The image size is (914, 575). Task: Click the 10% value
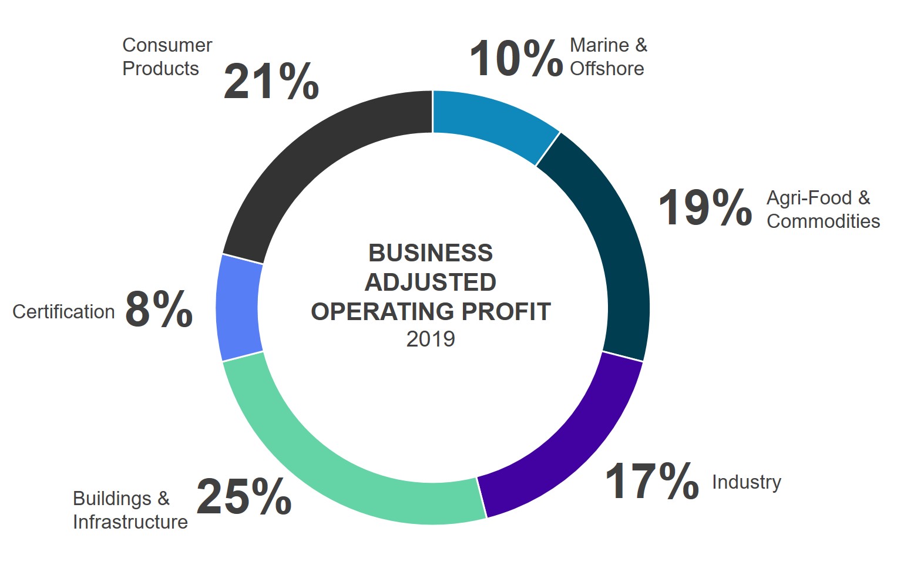516,59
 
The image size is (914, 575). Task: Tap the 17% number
651,482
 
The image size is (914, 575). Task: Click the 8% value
159,310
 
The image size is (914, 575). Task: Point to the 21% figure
271,82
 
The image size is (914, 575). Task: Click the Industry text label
747,482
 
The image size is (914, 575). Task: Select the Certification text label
63,311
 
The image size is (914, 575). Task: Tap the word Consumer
167,45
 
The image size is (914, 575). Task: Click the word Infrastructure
130,522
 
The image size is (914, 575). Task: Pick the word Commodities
823,221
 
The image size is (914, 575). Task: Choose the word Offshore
607,69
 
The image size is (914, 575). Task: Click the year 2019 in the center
431,339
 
